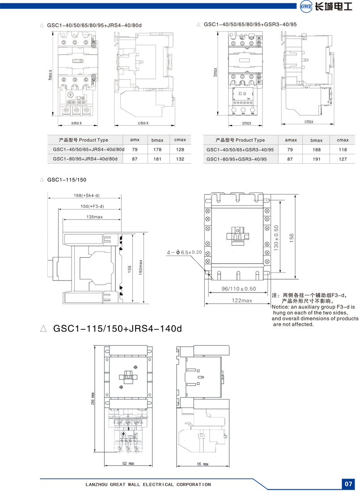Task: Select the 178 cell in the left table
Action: [x=156, y=150]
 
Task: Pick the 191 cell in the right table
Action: [x=316, y=159]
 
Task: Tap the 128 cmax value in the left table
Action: [x=180, y=150]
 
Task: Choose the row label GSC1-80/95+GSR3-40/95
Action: [x=236, y=159]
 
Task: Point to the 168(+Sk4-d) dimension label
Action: [x=87, y=196]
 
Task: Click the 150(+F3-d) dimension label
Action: [x=89, y=206]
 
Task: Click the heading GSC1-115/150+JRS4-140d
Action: [x=117, y=329]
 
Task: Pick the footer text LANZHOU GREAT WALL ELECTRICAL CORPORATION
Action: [x=148, y=484]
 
